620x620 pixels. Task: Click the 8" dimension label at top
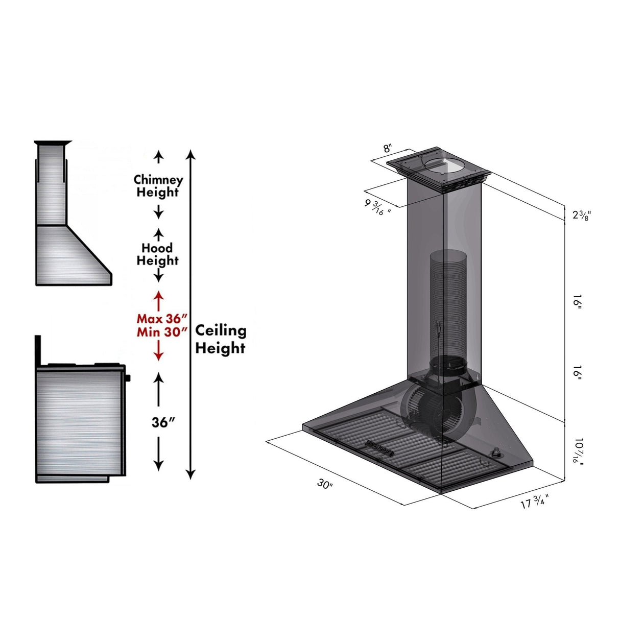click(x=388, y=149)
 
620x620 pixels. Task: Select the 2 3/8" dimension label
click(x=581, y=214)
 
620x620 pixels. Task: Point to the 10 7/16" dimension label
click(x=578, y=450)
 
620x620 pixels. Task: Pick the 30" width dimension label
click(x=325, y=483)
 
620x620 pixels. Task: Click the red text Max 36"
click(x=159, y=319)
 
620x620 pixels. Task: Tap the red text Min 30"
click(x=159, y=332)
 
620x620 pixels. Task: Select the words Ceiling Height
click(x=221, y=339)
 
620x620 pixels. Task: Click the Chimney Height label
click(x=158, y=186)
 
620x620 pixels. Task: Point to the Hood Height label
click(x=158, y=254)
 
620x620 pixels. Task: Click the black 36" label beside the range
click(x=163, y=422)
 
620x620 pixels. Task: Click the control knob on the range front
click(x=128, y=378)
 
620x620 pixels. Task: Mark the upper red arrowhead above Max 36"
click(x=159, y=295)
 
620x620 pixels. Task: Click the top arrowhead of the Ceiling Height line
click(x=190, y=154)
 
